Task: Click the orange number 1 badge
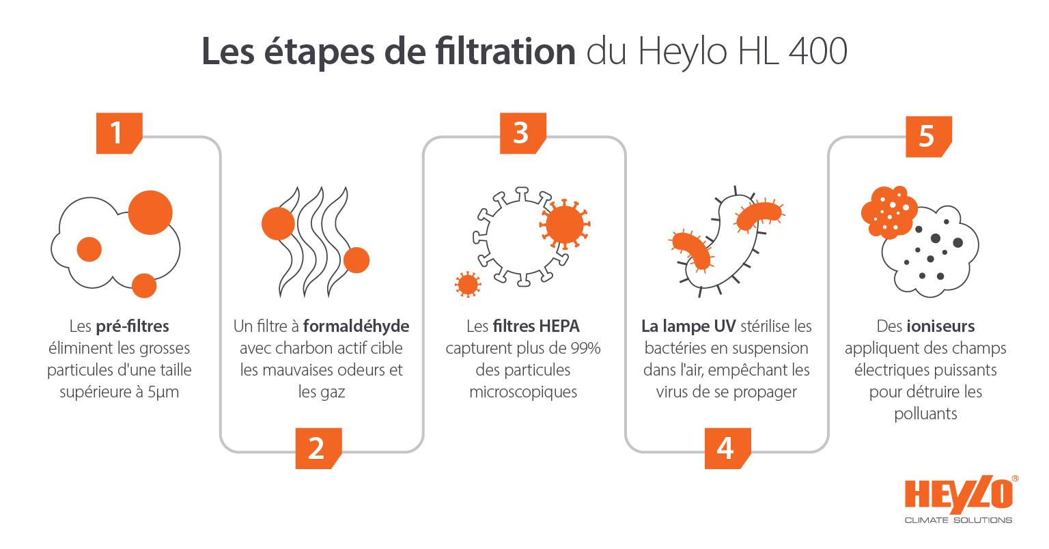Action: coord(118,132)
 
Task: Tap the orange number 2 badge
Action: coord(317,448)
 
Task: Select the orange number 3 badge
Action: coord(522,132)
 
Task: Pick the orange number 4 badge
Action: coord(726,448)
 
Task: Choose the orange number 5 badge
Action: coord(927,136)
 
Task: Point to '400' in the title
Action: coord(817,52)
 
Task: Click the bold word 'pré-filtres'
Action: coord(132,326)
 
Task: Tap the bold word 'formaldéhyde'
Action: coord(356,326)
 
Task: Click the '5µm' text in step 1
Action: coord(163,392)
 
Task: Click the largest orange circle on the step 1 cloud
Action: coord(150,212)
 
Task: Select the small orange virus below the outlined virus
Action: coord(468,284)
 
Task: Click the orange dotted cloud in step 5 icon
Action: coord(889,211)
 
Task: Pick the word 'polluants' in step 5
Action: coord(925,414)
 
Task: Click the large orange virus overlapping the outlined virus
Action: coord(565,223)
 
